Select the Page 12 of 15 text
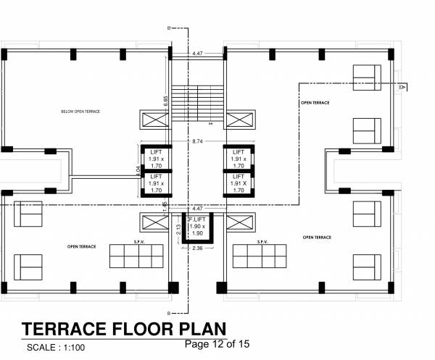pyautogui.click(x=217, y=344)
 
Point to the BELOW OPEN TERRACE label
pyautogui.click(x=80, y=112)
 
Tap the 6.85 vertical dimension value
pyautogui.click(x=166, y=103)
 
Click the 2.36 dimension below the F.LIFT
pyautogui.click(x=196, y=249)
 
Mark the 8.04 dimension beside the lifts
pyautogui.click(x=138, y=172)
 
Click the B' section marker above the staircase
pyautogui.click(x=169, y=28)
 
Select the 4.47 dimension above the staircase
pyautogui.click(x=197, y=54)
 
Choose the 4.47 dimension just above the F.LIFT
pyautogui.click(x=197, y=209)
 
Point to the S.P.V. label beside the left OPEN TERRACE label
pyautogui.click(x=131, y=242)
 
